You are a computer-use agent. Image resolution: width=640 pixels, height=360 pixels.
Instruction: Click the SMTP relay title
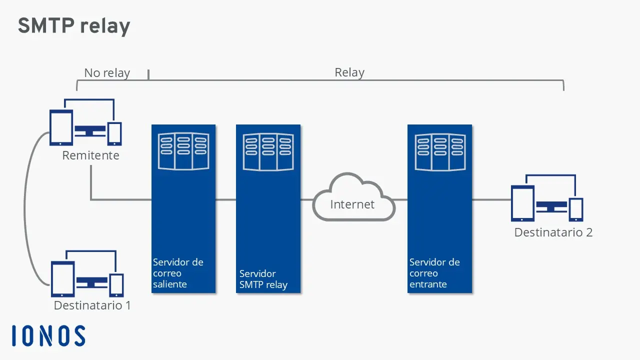pyautogui.click(x=74, y=26)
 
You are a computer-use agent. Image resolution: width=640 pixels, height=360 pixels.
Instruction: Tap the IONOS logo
pyautogui.click(x=48, y=336)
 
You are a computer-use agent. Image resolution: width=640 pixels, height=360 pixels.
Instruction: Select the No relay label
pyautogui.click(x=106, y=73)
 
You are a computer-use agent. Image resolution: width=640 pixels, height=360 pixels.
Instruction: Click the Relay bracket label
pyautogui.click(x=349, y=72)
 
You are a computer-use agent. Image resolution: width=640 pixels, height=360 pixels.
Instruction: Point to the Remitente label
pyautogui.click(x=90, y=155)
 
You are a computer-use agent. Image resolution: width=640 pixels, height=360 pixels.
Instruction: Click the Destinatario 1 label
pyautogui.click(x=92, y=305)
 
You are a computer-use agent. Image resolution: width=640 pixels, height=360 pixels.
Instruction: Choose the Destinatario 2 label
pyautogui.click(x=553, y=232)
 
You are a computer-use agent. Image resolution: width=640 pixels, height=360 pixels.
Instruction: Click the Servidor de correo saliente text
pyautogui.click(x=178, y=273)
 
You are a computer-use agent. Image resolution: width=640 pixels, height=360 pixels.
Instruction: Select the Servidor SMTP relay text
pyautogui.click(x=263, y=279)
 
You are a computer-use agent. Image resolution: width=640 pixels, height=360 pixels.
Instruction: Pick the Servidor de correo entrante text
pyautogui.click(x=434, y=273)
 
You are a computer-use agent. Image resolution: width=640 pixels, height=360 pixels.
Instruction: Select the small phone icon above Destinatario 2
pyautogui.click(x=576, y=209)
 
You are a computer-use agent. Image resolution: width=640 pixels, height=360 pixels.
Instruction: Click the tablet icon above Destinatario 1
pyautogui.click(x=63, y=279)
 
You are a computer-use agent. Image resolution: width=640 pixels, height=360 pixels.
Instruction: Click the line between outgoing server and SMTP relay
pyautogui.click(x=225, y=200)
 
